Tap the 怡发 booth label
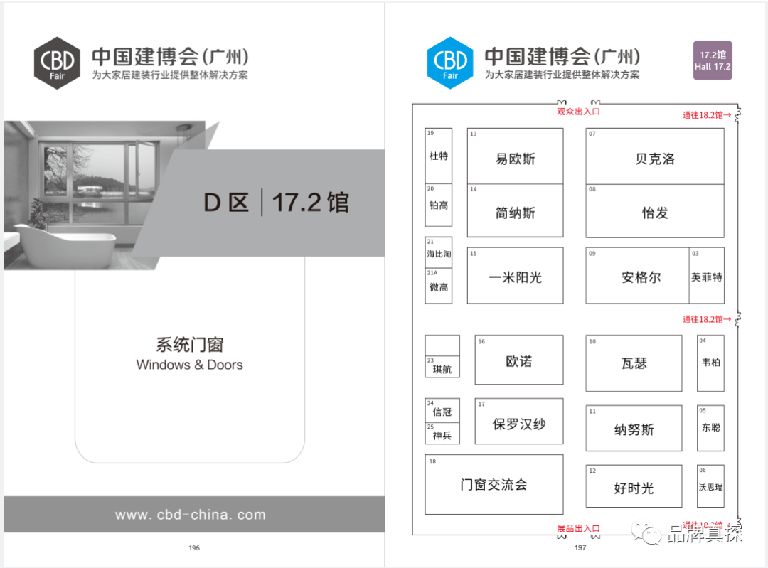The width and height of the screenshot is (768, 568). (654, 211)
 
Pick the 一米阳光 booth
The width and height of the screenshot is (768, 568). (515, 276)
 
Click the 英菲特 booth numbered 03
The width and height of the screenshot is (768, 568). (706, 276)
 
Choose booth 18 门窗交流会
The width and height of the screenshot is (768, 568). (494, 485)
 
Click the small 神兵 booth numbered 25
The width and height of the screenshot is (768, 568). (442, 434)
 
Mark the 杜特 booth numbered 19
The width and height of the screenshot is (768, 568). (439, 155)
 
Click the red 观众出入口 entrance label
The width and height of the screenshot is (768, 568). (578, 112)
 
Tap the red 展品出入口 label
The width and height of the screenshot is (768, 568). (577, 528)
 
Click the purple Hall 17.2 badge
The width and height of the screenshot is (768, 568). (713, 60)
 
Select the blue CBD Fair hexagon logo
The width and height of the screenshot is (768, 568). (450, 63)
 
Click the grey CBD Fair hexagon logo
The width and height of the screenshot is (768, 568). (58, 63)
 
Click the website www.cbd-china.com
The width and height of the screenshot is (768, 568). (190, 515)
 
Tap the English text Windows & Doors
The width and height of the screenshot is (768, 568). (189, 365)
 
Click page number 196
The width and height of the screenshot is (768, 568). (194, 548)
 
